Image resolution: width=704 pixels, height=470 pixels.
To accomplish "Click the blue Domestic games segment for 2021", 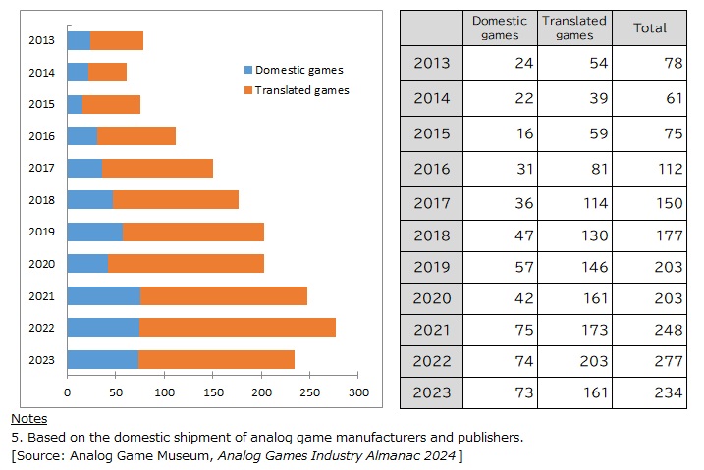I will [x=103, y=295].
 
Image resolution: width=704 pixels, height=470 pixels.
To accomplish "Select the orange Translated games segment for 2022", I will [x=238, y=327].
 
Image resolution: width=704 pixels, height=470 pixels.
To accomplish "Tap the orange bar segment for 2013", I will [x=117, y=40].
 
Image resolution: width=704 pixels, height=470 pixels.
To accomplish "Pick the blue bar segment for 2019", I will [x=94, y=232].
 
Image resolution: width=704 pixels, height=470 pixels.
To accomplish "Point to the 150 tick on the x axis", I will [x=213, y=392].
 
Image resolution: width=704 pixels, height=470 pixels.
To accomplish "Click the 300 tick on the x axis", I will [x=358, y=392].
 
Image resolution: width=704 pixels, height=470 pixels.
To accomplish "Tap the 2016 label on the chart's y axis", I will [x=41, y=136].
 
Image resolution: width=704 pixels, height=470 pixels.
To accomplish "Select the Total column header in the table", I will [x=650, y=28].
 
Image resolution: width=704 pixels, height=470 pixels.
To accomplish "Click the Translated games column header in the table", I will [x=574, y=28].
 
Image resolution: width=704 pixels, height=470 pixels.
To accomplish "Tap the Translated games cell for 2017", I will [x=574, y=200].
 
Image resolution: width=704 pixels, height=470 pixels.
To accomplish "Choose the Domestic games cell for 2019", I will [x=500, y=267].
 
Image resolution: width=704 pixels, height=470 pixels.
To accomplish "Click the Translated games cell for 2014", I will [x=574, y=98].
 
